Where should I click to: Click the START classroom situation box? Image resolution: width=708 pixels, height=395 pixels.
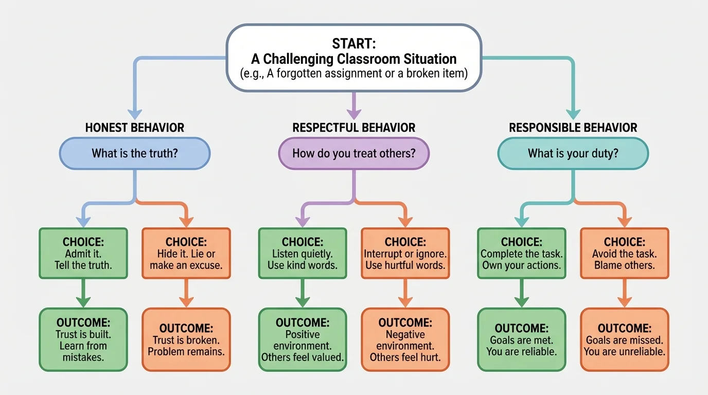[x=353, y=58]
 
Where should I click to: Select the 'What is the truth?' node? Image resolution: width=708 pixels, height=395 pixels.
[x=135, y=153]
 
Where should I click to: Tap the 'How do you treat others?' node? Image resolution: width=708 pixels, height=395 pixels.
[x=353, y=153]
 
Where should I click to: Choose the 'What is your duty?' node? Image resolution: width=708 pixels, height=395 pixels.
[x=573, y=153]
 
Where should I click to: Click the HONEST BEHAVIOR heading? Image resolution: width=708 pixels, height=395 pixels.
[x=135, y=128]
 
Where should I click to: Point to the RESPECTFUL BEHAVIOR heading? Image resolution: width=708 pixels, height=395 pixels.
[x=353, y=128]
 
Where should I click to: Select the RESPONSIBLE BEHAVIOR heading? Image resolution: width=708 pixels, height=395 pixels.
[x=573, y=128]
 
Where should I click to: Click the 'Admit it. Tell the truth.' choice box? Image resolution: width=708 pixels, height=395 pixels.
[x=83, y=254]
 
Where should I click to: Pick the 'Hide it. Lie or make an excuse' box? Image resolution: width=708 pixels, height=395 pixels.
[x=186, y=254]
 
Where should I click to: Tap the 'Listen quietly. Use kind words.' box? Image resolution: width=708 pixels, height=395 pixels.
[x=302, y=254]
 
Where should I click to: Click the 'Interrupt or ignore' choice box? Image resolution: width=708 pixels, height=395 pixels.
[x=405, y=254]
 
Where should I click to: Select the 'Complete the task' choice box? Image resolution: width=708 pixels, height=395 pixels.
[x=522, y=254]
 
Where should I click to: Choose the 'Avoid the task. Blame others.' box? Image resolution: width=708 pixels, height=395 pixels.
[x=624, y=254]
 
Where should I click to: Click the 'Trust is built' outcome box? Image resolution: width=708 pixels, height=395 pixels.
[x=83, y=339]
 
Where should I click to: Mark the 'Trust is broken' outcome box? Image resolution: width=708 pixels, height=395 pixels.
[x=186, y=339]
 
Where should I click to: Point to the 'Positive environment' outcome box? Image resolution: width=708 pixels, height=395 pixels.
[x=302, y=339]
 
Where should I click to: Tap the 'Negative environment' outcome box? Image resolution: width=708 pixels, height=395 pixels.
[x=405, y=339]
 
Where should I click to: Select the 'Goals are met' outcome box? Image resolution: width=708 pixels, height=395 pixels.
[x=522, y=339]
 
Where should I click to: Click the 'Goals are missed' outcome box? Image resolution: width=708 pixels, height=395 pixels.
[x=624, y=339]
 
